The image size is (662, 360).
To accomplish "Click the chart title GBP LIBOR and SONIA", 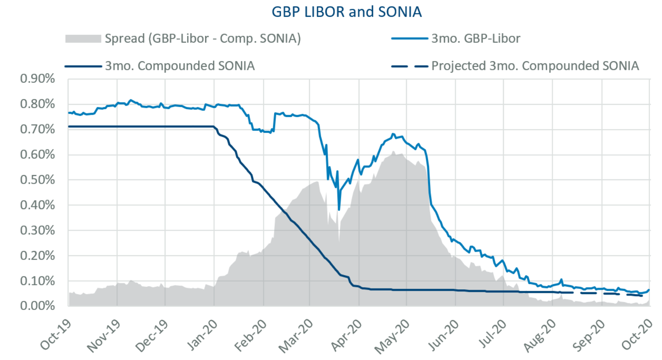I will pyautogui.click(x=347, y=12).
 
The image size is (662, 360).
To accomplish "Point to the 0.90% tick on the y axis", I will pyautogui.click(x=37, y=79).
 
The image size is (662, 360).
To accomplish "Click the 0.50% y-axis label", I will pyautogui.click(x=37, y=180).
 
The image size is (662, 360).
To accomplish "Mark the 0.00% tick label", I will pyautogui.click(x=37, y=306).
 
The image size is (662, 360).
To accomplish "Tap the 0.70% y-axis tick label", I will pyautogui.click(x=37, y=129).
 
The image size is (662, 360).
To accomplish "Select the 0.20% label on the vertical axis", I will pyautogui.click(x=37, y=256).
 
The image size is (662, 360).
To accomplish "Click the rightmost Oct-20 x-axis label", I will pyautogui.click(x=637, y=335).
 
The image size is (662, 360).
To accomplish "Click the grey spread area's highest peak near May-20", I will pyautogui.click(x=393, y=152).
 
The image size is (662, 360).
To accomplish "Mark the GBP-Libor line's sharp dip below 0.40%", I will pyautogui.click(x=339, y=210).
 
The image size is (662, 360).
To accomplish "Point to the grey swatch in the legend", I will pyautogui.click(x=83, y=39).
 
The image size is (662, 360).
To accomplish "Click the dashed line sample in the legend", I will pyautogui.click(x=409, y=66).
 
